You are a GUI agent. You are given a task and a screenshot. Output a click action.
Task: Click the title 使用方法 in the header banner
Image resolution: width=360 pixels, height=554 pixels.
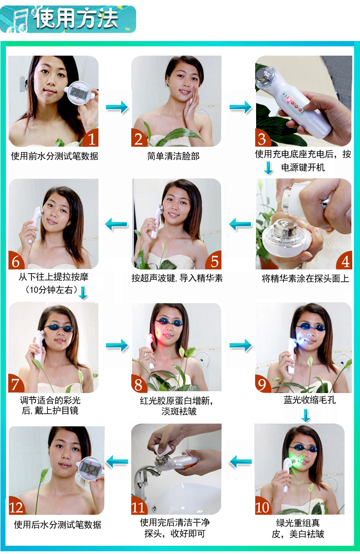tap(76, 18)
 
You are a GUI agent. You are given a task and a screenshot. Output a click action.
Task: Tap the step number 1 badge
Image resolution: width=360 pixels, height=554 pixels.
tap(91, 138)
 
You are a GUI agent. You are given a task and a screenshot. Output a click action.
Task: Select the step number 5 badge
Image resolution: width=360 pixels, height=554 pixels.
tap(213, 261)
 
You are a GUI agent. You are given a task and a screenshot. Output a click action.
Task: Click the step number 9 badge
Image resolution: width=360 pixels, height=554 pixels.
tap(263, 384)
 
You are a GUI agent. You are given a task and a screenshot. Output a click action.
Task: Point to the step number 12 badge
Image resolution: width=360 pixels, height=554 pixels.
tap(17, 506)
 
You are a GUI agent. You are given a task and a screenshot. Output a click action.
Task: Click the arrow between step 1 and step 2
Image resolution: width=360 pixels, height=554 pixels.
tap(117, 107)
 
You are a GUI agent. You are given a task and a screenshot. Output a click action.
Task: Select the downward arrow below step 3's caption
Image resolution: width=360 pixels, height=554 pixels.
tap(268, 168)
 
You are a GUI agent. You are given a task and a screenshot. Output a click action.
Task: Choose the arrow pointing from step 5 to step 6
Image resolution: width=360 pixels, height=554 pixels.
tap(116, 224)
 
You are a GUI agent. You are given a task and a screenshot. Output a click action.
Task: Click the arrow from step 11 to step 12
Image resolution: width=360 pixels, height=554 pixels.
tap(117, 461)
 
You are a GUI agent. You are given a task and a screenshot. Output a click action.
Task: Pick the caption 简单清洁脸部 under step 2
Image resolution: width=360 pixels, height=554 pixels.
tap(173, 156)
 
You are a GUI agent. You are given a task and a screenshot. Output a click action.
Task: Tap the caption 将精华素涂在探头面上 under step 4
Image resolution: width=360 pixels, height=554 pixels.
tap(305, 279)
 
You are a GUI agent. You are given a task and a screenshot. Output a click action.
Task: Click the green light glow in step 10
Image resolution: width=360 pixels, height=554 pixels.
tap(295, 460)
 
